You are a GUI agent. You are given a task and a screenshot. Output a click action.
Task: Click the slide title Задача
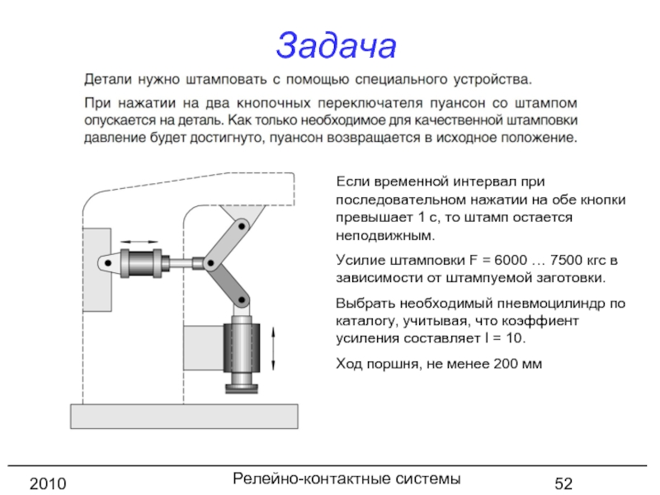(x=336, y=45)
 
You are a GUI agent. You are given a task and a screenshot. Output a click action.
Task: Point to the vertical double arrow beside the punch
(x=273, y=350)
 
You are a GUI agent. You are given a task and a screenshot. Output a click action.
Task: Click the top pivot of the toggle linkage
(x=241, y=224)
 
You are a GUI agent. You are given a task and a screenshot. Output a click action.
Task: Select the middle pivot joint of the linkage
(x=211, y=264)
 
